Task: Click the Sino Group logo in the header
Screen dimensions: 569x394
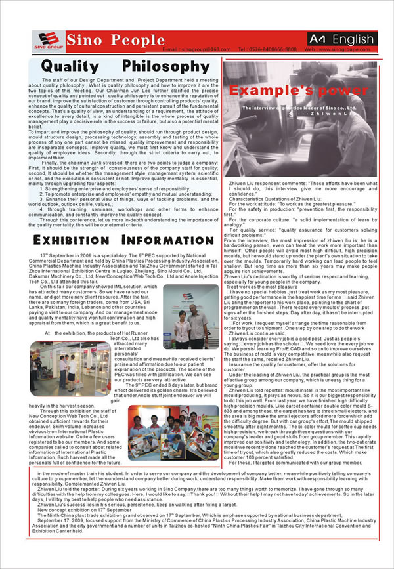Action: click(x=41, y=41)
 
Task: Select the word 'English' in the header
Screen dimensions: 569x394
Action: click(x=351, y=39)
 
